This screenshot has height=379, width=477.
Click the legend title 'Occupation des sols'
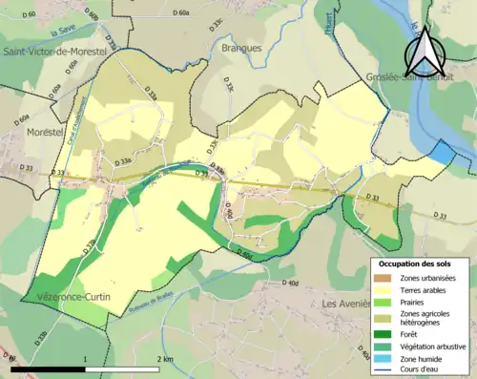tap(413, 263)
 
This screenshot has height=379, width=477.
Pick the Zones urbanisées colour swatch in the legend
tap(384, 277)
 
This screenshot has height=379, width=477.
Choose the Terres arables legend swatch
tap(384, 289)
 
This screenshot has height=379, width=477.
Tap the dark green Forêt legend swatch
tap(384, 334)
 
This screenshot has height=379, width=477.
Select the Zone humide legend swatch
tap(384, 359)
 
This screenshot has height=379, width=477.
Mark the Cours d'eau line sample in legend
tap(384, 370)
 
